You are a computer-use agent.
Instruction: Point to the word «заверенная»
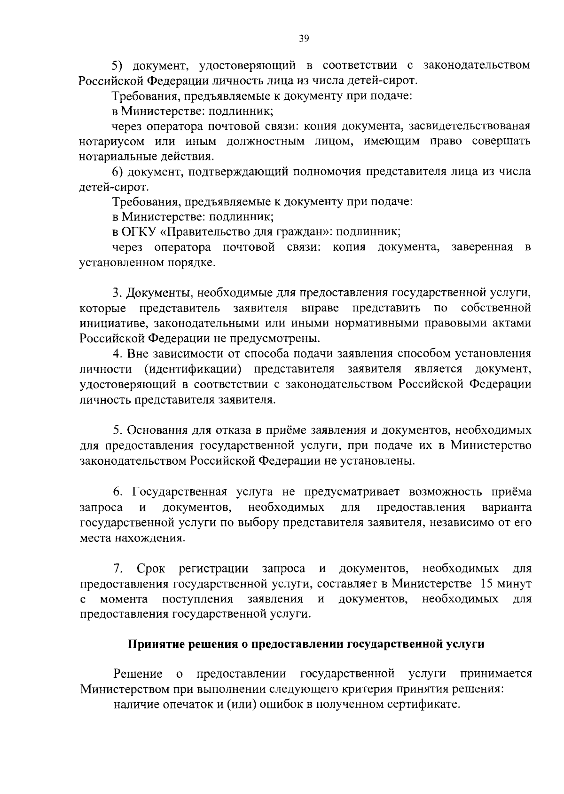point(482,247)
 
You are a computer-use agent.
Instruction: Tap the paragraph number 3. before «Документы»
point(117,293)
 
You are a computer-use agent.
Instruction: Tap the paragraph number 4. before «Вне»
point(117,354)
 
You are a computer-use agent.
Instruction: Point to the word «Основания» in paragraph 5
point(158,430)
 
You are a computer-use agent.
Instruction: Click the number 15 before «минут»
point(486,584)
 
